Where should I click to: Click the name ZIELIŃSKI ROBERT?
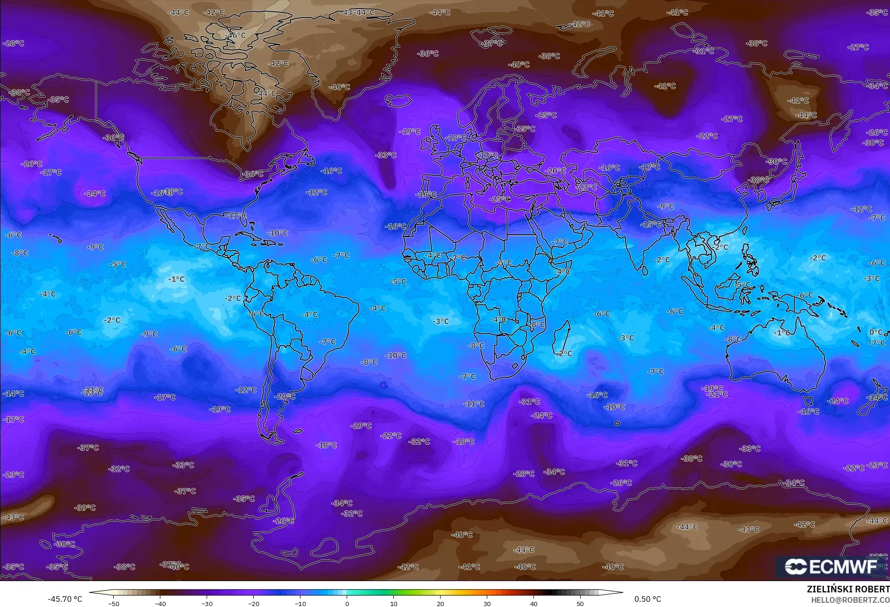[x=848, y=589]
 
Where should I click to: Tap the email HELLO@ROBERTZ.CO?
[x=850, y=599]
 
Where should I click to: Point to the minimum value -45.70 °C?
[x=65, y=599]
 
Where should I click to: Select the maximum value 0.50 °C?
[x=647, y=599]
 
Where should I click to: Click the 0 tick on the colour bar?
[x=347, y=603]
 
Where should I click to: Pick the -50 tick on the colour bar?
[x=113, y=603]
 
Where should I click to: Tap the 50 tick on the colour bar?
[x=580, y=603]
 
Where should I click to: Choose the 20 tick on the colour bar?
[x=440, y=603]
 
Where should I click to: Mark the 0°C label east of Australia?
[x=875, y=333]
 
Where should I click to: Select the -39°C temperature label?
[x=85, y=508]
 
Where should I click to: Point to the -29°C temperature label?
[x=361, y=426]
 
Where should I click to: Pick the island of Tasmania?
[x=807, y=401]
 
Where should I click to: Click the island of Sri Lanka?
[x=645, y=271]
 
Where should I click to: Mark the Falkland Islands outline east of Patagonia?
[x=298, y=431]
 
